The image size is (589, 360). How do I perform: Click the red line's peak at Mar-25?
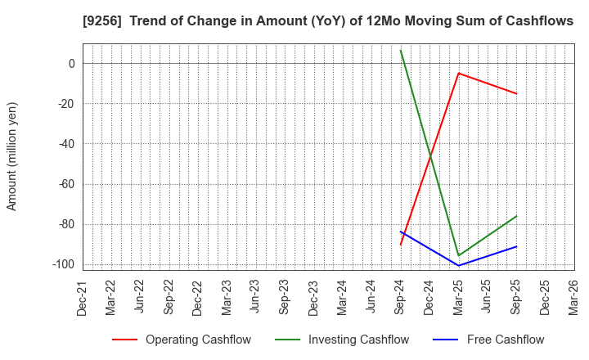[458, 73]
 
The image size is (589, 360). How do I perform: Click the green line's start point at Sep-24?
[401, 50]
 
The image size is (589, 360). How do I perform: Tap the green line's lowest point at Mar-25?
[458, 255]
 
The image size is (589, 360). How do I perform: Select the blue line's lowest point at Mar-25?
[458, 265]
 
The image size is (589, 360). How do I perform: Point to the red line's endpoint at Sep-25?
[516, 93]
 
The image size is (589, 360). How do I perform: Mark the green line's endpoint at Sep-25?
[516, 216]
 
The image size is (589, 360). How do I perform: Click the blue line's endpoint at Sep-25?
[516, 246]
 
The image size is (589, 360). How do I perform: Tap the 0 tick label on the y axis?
[71, 64]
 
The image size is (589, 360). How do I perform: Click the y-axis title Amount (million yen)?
[12, 156]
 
